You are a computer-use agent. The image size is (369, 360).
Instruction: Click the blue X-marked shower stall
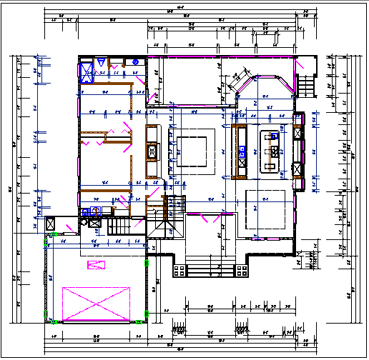click(87, 71)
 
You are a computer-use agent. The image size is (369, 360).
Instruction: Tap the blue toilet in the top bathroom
click(134, 63)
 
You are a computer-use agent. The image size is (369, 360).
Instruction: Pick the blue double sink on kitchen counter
click(243, 151)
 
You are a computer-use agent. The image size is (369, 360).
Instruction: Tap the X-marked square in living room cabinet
click(152, 151)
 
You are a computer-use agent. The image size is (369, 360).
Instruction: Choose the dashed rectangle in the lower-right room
click(270, 211)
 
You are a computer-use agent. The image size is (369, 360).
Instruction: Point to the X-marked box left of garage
click(51, 223)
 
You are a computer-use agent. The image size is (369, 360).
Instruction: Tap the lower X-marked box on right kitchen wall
click(297, 169)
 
